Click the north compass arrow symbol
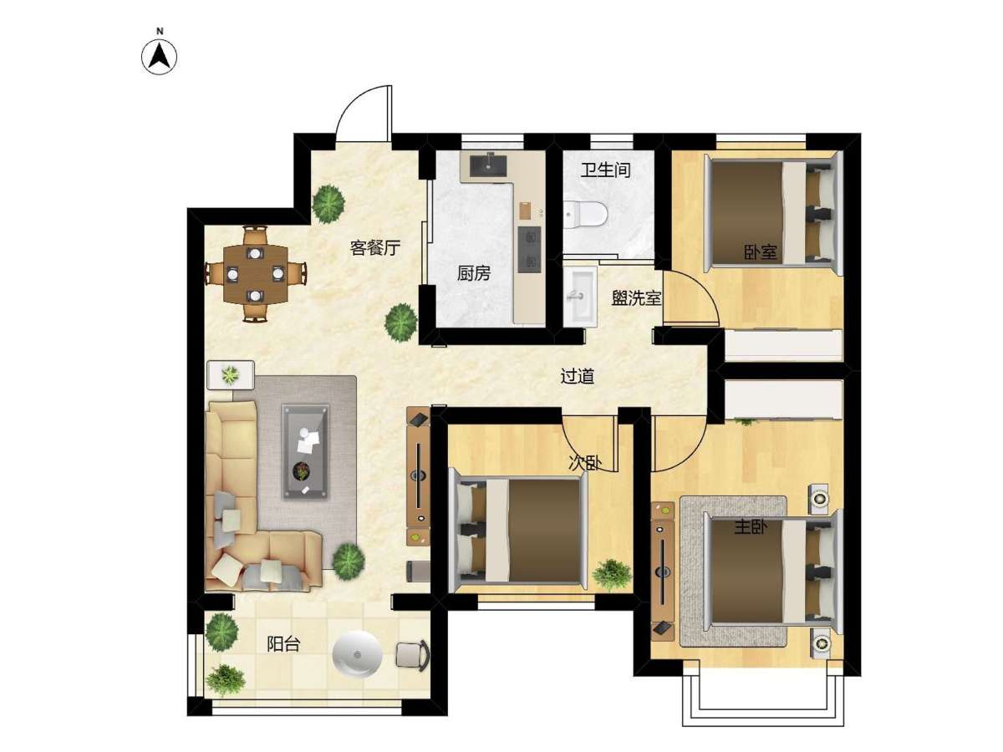[x=159, y=57]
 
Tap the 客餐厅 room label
[x=375, y=247]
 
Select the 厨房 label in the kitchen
[x=474, y=273]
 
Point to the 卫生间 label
[x=605, y=170]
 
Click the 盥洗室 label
[x=637, y=298]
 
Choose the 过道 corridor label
[x=577, y=376]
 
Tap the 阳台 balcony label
[x=283, y=644]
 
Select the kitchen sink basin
[x=488, y=166]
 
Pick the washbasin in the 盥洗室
[x=580, y=297]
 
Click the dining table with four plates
[x=256, y=274]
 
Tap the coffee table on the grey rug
[x=305, y=451]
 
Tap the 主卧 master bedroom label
[x=751, y=528]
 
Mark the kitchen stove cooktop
[x=530, y=249]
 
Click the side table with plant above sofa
[x=231, y=375]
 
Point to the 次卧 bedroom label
[x=585, y=463]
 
